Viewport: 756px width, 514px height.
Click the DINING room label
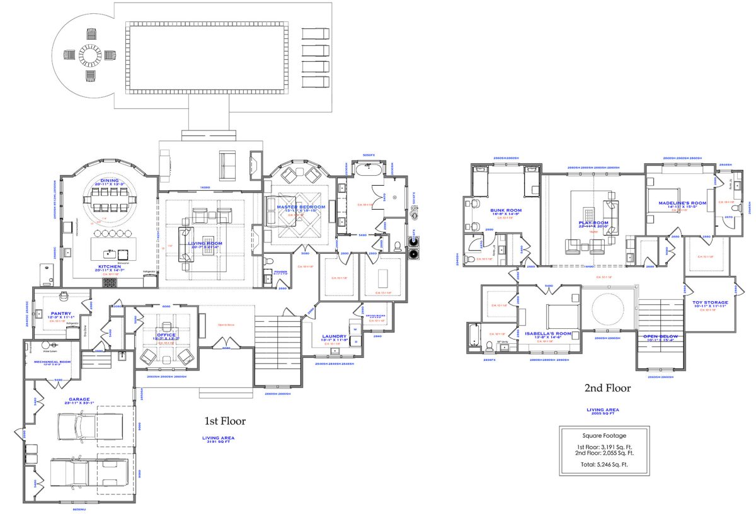109,181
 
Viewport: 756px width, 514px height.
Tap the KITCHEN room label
109,266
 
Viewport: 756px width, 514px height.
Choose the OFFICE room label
166,334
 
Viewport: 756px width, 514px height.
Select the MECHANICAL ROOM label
51,362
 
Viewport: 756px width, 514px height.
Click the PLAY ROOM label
593,223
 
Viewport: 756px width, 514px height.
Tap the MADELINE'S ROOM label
682,203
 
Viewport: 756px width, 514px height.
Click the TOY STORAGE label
710,302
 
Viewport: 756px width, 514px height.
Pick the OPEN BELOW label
660,336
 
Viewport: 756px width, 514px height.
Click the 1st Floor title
225,421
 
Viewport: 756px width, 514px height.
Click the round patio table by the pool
89,56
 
